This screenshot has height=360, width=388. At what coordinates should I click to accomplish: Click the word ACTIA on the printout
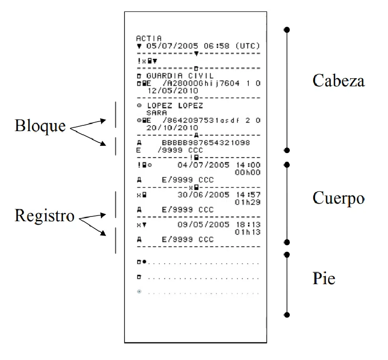149,38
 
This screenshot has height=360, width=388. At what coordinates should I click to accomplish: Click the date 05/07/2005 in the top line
167,46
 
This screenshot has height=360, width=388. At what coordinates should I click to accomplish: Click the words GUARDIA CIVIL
180,76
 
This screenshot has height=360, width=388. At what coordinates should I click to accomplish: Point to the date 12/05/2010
167,90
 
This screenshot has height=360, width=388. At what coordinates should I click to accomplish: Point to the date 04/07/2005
198,165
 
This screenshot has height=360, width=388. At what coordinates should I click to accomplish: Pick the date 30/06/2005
198,195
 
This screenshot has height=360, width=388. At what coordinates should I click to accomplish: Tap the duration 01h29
248,203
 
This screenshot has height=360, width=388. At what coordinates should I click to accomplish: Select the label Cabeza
338,81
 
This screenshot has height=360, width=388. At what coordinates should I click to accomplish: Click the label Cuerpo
338,198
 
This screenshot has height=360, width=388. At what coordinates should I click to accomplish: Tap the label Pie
324,278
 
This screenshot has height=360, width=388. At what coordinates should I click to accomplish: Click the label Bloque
40,126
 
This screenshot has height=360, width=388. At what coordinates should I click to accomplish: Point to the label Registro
45,216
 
